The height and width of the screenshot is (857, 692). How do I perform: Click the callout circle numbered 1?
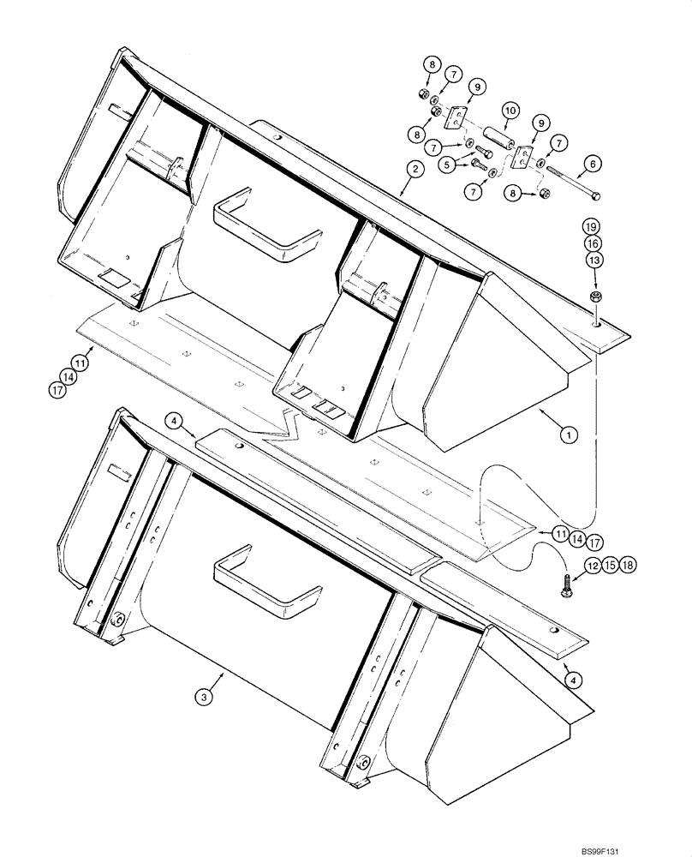click(x=566, y=435)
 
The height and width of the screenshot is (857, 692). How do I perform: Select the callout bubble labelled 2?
click(x=414, y=170)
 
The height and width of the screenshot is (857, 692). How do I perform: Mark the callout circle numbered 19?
click(x=594, y=227)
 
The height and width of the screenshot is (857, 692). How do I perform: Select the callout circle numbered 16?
click(x=594, y=243)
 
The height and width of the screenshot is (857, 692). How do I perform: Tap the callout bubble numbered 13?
click(x=594, y=260)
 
